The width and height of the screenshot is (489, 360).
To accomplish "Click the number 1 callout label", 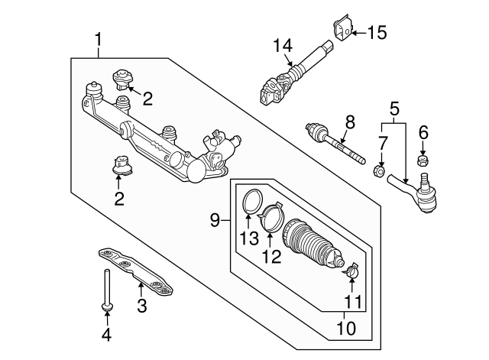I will tap(99, 37).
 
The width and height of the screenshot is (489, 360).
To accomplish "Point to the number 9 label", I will tap(216, 220).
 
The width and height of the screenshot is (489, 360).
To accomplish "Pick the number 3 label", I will tap(141, 306).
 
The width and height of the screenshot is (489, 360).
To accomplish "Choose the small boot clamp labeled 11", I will tap(352, 270).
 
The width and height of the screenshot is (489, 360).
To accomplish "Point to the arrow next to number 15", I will tap(359, 32).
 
